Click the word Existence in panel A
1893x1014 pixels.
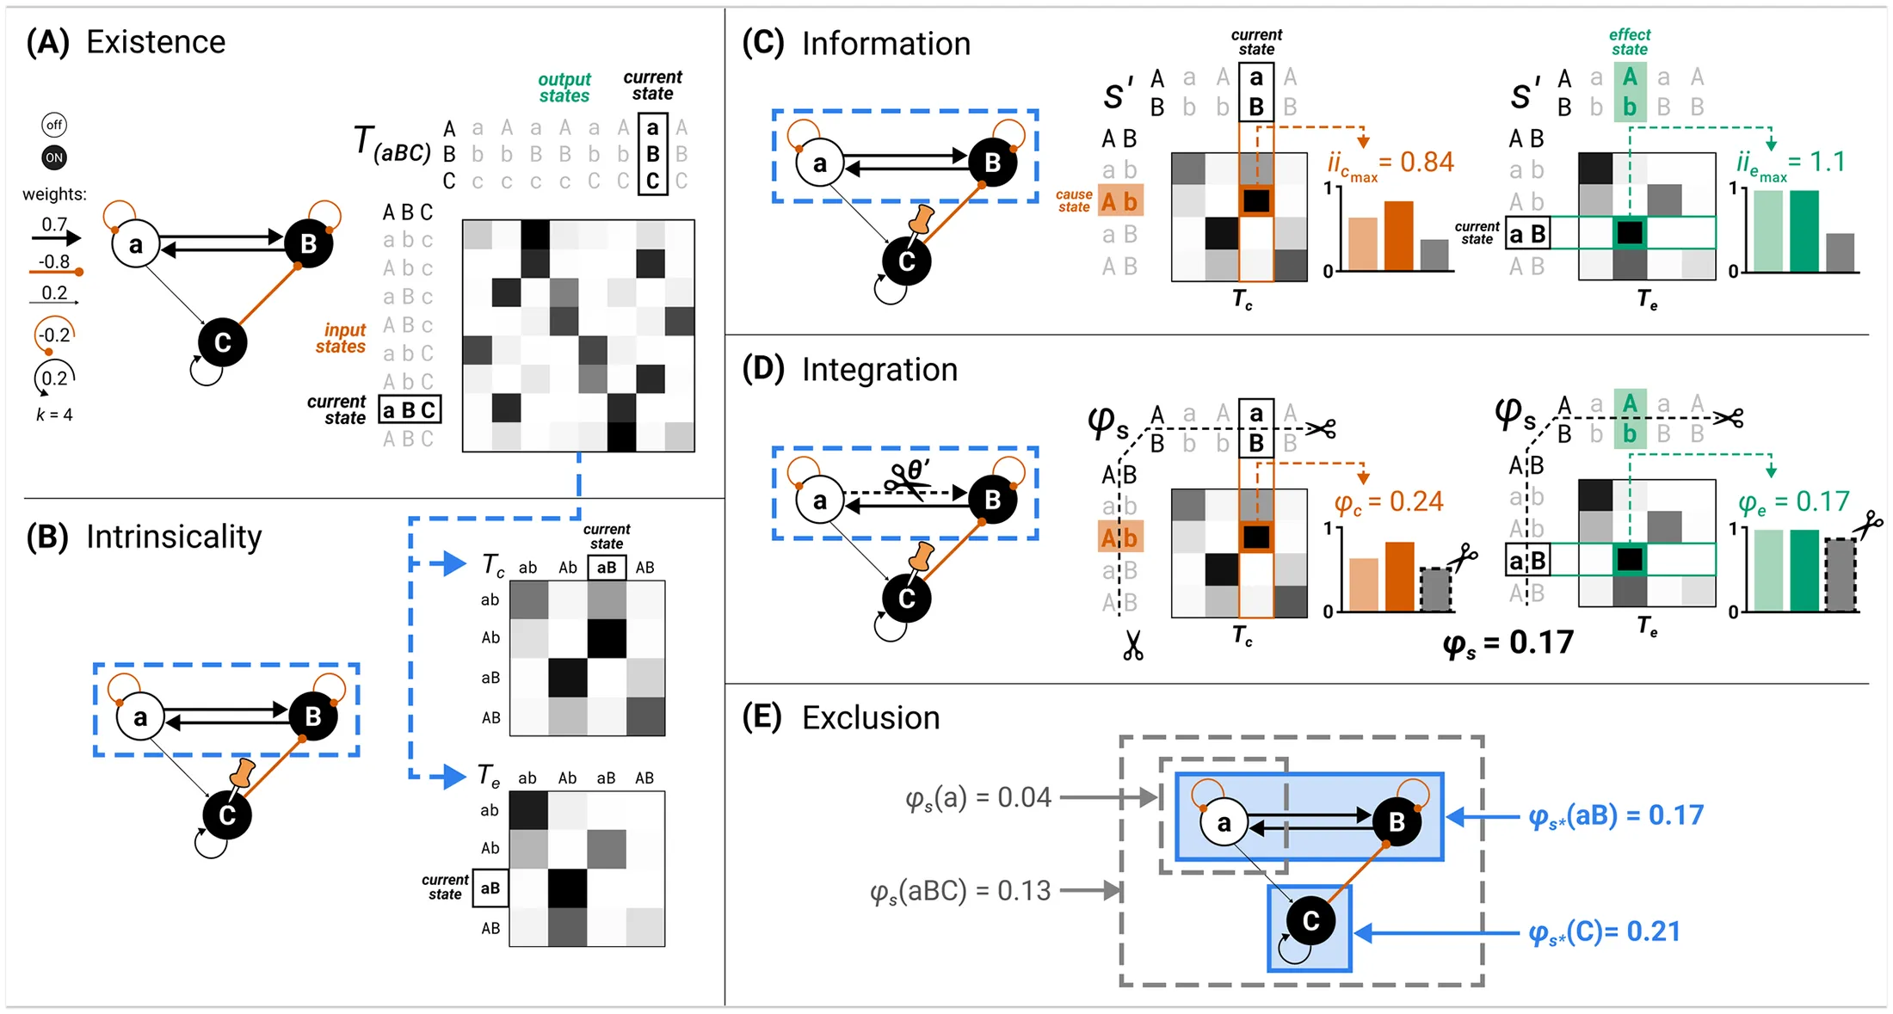pos(156,42)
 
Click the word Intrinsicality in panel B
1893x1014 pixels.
pos(174,537)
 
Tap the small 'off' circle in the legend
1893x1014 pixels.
pos(54,125)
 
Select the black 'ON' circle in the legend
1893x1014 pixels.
pos(54,157)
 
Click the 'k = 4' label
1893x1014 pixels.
pos(54,415)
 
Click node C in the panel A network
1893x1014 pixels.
pos(222,342)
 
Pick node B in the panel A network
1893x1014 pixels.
pos(308,244)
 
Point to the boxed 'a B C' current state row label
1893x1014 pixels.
pos(410,410)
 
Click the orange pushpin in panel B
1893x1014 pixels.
pos(243,773)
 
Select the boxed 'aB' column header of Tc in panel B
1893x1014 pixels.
pos(607,568)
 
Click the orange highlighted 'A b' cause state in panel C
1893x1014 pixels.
pos(1120,202)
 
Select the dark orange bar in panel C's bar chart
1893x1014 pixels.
pos(1398,236)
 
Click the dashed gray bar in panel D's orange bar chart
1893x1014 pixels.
pos(1434,590)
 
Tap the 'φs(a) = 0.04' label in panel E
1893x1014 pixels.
pos(977,798)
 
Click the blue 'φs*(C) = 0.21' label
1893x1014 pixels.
pos(1604,932)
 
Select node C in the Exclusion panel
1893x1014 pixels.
pos(1310,921)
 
